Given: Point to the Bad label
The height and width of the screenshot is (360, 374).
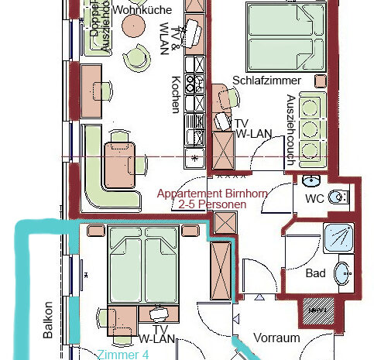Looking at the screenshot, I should click(315, 273).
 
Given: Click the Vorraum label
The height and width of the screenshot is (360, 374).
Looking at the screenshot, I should click(276, 338).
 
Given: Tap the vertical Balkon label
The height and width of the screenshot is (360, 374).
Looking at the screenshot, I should click(48, 319).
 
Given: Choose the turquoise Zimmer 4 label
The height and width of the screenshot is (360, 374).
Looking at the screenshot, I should click(122, 355).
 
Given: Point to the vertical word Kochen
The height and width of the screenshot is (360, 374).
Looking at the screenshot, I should click(177, 94).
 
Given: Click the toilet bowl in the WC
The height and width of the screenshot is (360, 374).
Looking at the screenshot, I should click(338, 198).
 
